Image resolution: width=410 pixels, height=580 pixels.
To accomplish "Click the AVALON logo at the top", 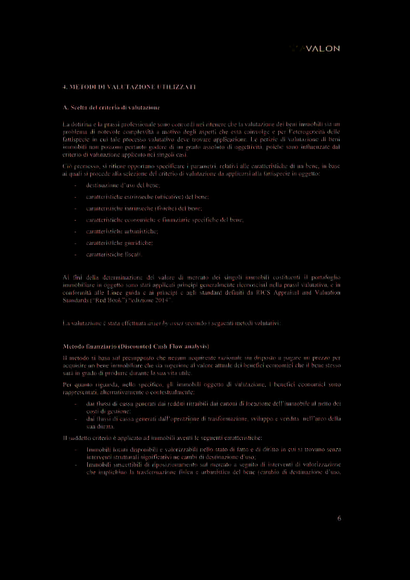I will tap(316, 48).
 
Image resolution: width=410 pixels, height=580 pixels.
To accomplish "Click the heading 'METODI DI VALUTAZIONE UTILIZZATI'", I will tap(129, 86).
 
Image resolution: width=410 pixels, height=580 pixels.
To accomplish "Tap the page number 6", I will tap(339, 518).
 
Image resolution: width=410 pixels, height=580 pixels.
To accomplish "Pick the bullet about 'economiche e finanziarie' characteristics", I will tap(165, 219).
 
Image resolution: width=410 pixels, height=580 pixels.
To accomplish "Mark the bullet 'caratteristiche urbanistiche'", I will tap(122, 231).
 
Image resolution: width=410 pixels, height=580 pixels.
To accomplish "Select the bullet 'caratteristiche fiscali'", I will tap(114, 254).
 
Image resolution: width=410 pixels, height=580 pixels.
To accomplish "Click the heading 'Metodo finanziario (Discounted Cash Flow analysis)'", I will tap(135, 346).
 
